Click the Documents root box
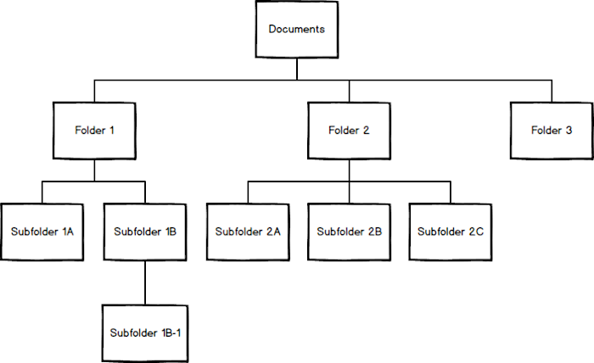click(297, 30)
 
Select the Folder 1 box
click(94, 131)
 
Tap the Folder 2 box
click(349, 131)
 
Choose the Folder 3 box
click(552, 131)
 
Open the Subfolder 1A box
click(43, 231)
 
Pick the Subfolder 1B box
click(144, 231)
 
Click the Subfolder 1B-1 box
click(144, 331)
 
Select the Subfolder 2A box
click(247, 231)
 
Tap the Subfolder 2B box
click(349, 231)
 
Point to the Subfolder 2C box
click(451, 231)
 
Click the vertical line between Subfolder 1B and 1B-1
click(145, 281)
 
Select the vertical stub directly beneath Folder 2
click(349, 170)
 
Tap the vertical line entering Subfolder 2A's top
click(247, 192)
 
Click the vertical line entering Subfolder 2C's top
click(451, 192)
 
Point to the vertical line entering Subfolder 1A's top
click(43, 192)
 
